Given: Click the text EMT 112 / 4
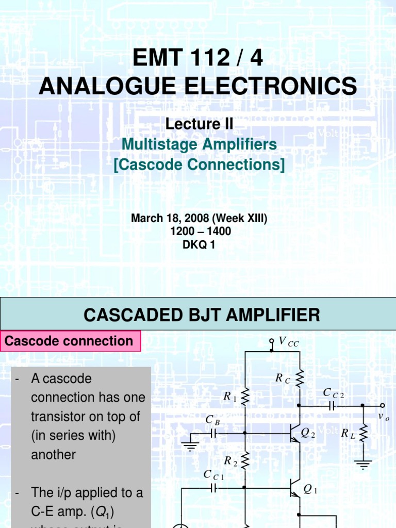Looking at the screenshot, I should click(x=197, y=59).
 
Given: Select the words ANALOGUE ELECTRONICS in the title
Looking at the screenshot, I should click(x=197, y=86).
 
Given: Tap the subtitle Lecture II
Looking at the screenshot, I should click(x=199, y=124).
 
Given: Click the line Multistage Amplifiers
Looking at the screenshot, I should click(x=199, y=144).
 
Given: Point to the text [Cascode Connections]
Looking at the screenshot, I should click(x=199, y=165).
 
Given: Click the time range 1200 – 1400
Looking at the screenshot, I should click(x=201, y=232).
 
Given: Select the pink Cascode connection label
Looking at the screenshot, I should click(x=69, y=341).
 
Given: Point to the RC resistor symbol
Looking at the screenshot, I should click(x=300, y=380).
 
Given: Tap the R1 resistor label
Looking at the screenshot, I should click(x=229, y=397).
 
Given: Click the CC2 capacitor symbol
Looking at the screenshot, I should click(x=332, y=406).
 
